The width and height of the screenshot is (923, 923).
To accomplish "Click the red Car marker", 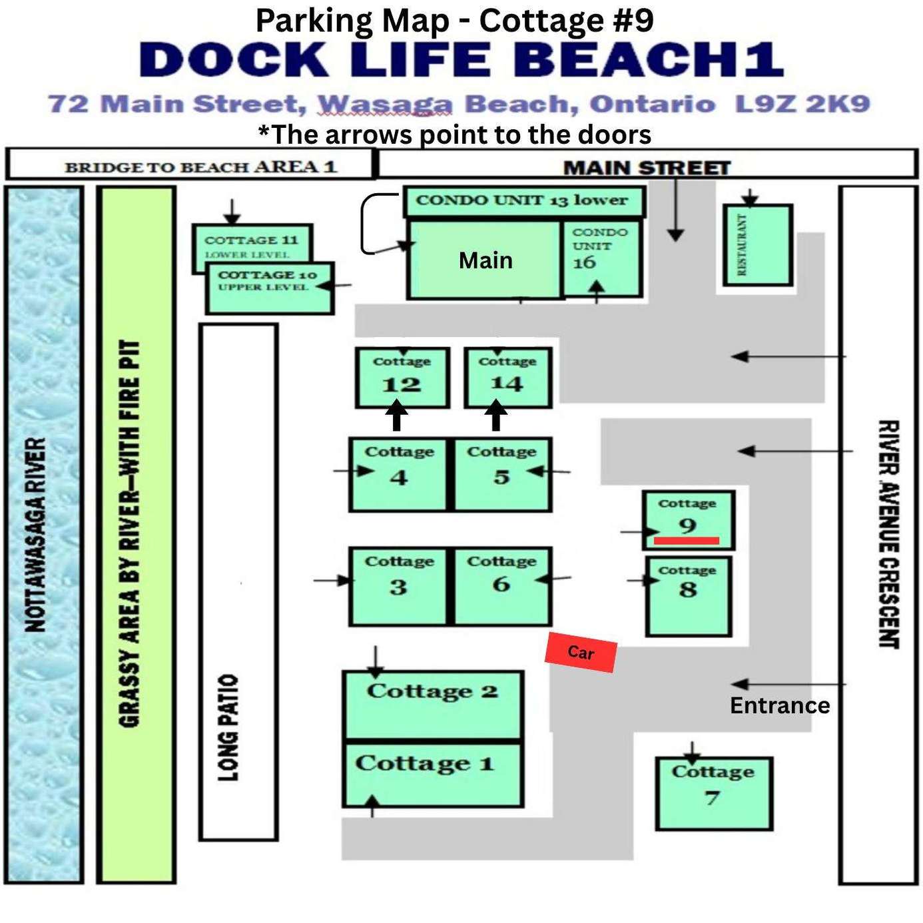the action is click(x=580, y=652).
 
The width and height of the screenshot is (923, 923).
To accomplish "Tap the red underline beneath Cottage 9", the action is click(x=687, y=540).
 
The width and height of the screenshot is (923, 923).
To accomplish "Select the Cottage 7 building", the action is click(x=714, y=794).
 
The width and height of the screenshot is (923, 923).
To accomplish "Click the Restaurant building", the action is click(x=757, y=245).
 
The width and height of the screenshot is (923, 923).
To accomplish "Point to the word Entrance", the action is click(x=780, y=705).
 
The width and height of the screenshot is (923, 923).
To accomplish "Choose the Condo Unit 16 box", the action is click(x=601, y=258).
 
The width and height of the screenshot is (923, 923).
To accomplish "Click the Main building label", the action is click(x=485, y=260).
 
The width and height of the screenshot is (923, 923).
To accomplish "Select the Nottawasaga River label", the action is click(x=35, y=534).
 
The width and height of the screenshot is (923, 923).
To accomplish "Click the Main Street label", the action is click(x=647, y=168).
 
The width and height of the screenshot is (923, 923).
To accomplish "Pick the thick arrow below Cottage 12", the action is click(x=397, y=416).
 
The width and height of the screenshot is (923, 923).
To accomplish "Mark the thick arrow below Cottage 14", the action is click(x=496, y=416).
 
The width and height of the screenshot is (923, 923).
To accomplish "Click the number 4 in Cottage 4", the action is click(x=398, y=477).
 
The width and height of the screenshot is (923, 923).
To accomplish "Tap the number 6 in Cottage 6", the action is click(x=501, y=584).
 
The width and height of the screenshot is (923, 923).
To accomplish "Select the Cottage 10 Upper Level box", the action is click(x=270, y=288).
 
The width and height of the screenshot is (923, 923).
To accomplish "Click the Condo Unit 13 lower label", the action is click(x=521, y=200).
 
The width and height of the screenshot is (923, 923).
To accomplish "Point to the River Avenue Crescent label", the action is click(x=889, y=534).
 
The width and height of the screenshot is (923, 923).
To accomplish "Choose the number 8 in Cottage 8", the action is click(x=688, y=589).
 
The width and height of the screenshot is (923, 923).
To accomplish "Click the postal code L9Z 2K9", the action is click(x=802, y=104).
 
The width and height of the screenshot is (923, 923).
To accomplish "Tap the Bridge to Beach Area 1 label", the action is click(x=201, y=167).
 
